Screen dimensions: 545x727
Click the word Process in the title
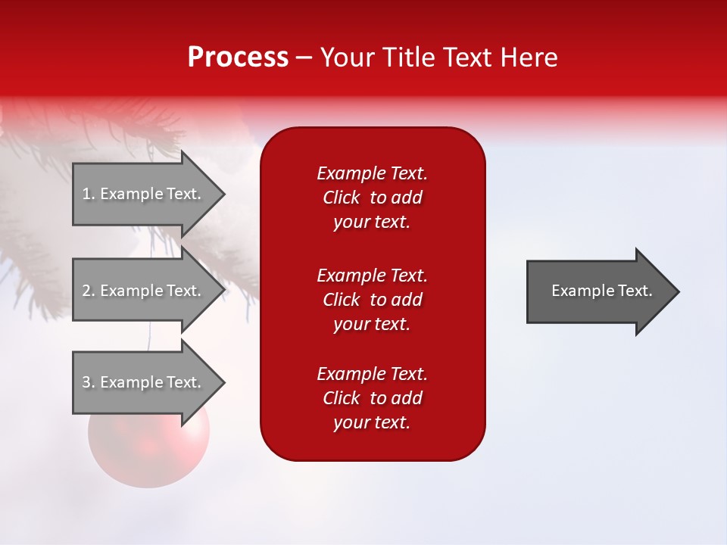click(x=238, y=58)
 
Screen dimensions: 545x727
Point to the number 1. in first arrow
click(x=89, y=194)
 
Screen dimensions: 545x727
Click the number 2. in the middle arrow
click(x=89, y=291)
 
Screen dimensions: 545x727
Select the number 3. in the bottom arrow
click(x=89, y=382)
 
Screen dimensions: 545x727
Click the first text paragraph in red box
click(x=372, y=198)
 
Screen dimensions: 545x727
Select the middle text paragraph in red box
click(x=372, y=299)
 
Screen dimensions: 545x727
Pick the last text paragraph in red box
click(x=372, y=398)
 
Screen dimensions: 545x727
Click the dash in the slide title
click(x=304, y=58)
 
